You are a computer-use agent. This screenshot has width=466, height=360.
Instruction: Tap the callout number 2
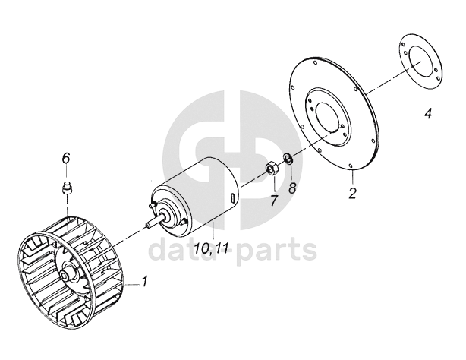click(x=352, y=192)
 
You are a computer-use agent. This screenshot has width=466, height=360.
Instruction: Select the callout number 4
click(x=428, y=114)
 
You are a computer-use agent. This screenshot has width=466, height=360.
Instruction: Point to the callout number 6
click(x=65, y=158)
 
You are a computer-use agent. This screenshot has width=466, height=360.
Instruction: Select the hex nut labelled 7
click(x=269, y=169)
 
